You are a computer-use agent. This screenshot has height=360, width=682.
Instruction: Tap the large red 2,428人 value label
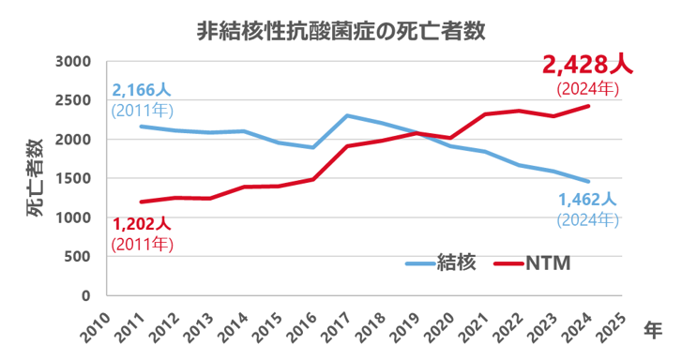[x=588, y=67]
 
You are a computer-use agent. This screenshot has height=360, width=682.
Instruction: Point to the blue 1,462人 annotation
[x=587, y=199]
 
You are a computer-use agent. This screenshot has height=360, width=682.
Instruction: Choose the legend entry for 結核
[x=443, y=263]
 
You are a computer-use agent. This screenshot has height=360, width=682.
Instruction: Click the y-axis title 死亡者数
[x=34, y=178]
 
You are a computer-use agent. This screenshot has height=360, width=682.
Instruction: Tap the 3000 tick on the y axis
[x=73, y=62]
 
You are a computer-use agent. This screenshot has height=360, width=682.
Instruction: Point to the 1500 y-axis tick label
[x=73, y=179]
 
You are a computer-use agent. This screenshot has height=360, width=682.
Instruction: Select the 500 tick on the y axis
[x=79, y=257]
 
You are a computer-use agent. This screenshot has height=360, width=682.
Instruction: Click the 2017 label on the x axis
[x=339, y=322]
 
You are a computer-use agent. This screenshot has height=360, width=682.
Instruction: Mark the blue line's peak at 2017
[x=347, y=116]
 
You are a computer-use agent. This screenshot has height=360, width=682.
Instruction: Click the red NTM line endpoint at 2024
[x=589, y=106]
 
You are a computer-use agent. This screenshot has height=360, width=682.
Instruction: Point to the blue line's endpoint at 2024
[x=589, y=182]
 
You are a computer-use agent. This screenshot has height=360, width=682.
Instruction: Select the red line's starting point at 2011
[x=141, y=202]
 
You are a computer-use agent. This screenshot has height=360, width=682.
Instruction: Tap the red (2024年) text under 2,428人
[x=587, y=90]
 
